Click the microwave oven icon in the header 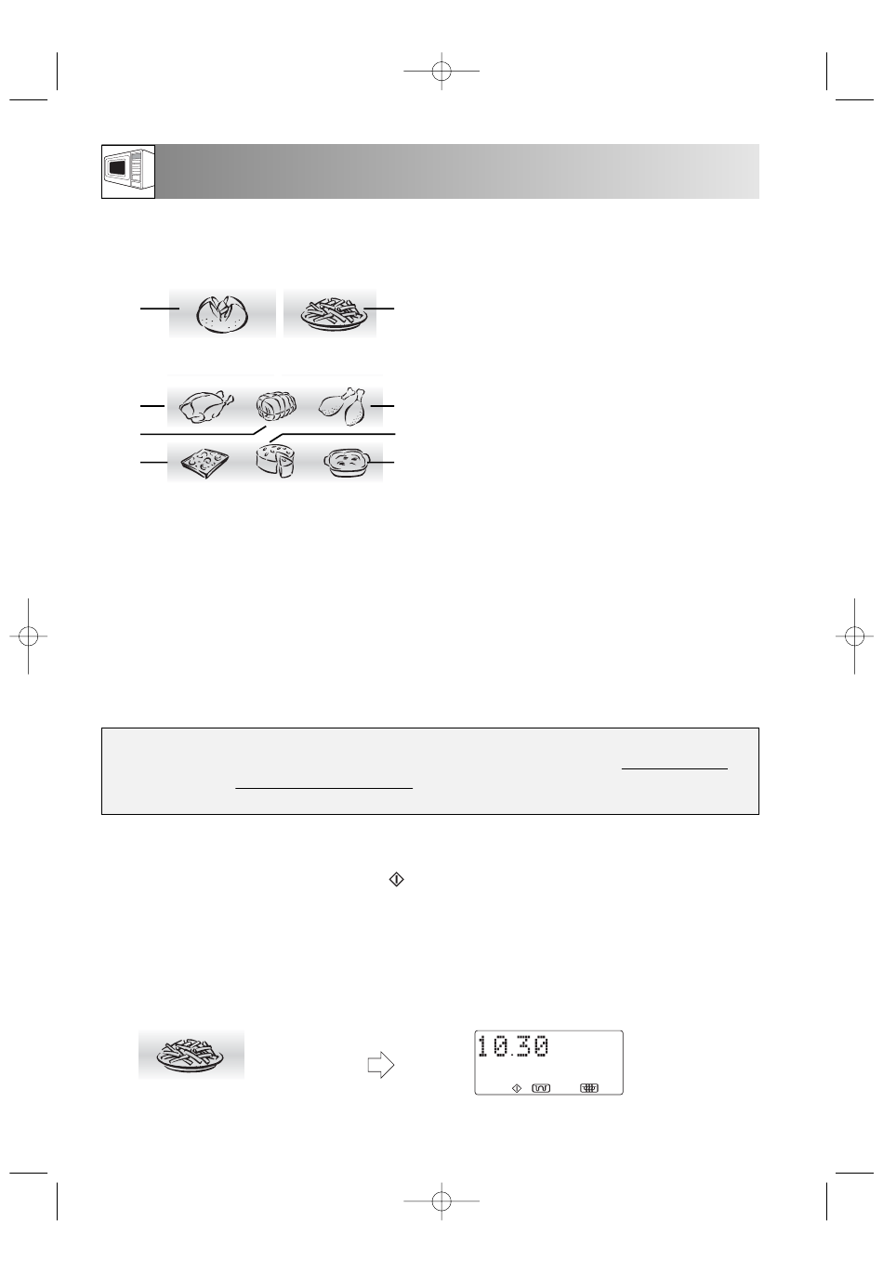point(128,171)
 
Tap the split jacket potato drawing point(222,314)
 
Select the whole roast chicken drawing point(205,406)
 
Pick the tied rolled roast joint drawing point(276,406)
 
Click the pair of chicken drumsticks point(343,406)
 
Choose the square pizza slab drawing point(204,463)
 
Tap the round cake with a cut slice point(275,460)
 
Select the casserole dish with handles point(347,463)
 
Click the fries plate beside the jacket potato point(330,314)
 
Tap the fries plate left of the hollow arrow point(191,1056)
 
